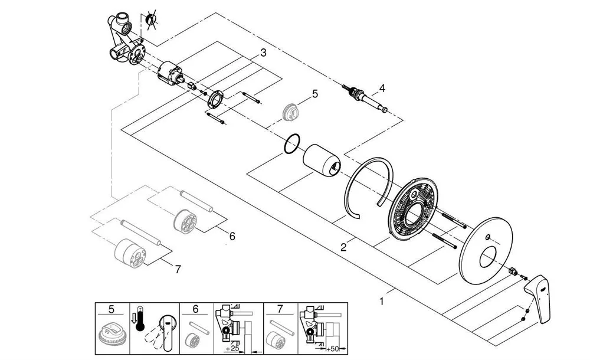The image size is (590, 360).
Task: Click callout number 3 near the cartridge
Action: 263,53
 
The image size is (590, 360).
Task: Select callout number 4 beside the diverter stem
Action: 382,89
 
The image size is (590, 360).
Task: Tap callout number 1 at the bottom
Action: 382,302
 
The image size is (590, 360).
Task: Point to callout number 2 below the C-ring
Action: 343,247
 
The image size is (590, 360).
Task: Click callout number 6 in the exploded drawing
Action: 232,237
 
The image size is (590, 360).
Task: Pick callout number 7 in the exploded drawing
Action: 178,269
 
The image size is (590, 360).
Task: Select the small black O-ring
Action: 292,144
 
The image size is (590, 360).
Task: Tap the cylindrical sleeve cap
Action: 322,160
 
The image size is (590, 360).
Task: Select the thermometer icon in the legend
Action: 140,318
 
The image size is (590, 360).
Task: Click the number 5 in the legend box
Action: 112,309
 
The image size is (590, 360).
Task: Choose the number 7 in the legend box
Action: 280,309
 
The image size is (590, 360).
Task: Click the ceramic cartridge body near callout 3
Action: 171,73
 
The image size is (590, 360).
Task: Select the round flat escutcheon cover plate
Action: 487,250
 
